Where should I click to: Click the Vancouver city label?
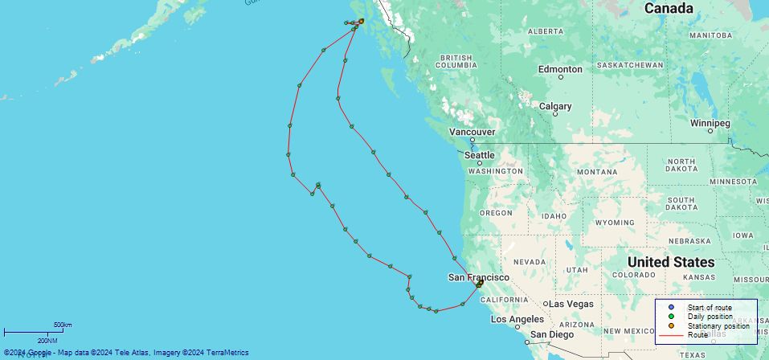472,132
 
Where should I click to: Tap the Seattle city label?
480,154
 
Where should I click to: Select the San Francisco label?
478,277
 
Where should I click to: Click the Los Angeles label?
517,319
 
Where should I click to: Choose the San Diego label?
551,334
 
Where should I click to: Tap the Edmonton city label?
560,69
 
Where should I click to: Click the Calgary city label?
555,106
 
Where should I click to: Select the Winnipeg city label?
710,123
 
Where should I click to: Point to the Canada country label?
668,8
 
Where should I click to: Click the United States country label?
670,262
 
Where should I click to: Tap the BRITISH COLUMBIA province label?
456,62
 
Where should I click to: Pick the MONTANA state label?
596,172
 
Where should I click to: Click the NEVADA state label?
530,262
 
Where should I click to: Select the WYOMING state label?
616,222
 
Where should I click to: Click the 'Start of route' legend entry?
709,308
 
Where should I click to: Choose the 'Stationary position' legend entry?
718,325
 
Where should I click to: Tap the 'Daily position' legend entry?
710,317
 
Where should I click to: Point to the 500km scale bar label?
63,325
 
